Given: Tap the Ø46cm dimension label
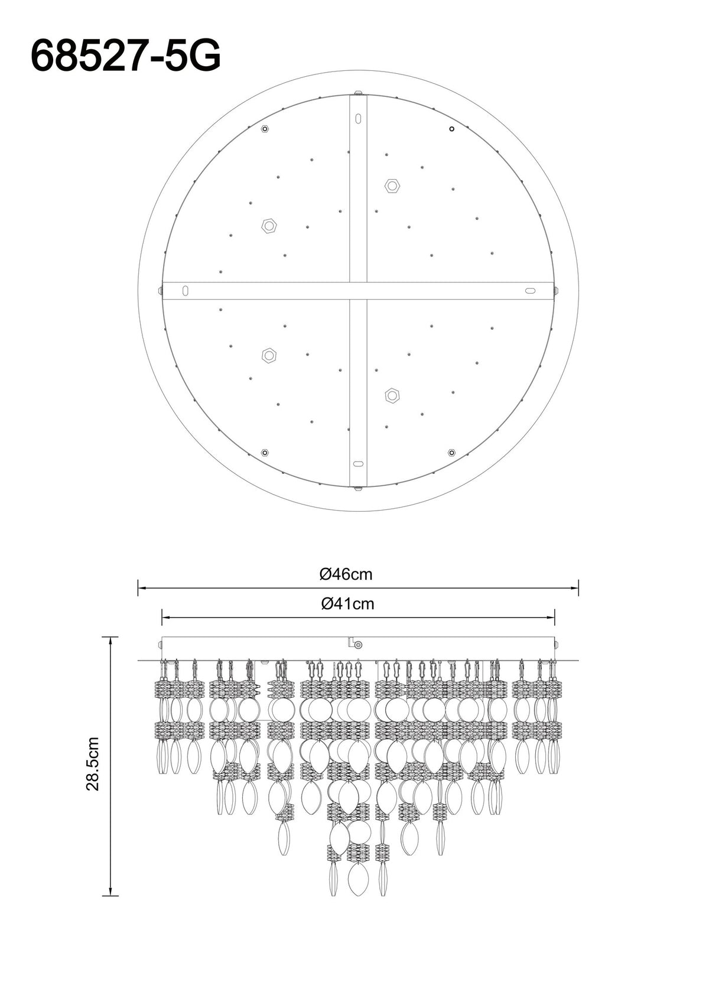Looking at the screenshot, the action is (346, 574).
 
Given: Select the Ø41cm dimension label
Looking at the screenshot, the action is (347, 604).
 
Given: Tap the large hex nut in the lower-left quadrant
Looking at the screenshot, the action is (268, 355).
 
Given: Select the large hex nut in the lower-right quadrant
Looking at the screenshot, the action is (392, 395).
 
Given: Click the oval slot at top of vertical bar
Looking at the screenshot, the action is (357, 119).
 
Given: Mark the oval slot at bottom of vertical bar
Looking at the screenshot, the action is (357, 463).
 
